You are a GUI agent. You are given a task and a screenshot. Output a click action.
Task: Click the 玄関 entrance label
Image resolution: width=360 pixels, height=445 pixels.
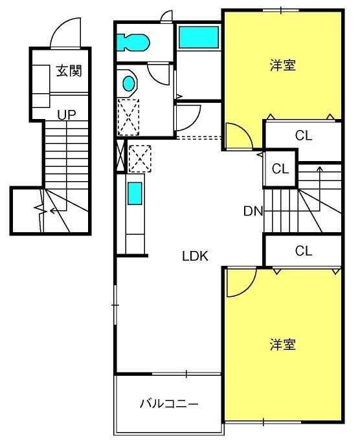click(69, 71)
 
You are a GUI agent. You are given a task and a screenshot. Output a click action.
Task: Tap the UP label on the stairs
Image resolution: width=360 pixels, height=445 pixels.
click(67, 115)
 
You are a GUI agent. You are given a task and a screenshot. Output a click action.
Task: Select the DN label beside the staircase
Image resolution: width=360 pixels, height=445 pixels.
click(253, 211)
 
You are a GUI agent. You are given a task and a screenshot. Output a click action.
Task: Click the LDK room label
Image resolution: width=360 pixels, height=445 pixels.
click(195, 256)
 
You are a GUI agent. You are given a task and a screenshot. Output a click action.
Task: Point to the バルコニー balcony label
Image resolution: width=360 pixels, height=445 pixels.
click(169, 404)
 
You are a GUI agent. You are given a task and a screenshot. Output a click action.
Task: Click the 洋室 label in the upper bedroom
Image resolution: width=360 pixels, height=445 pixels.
click(283, 65)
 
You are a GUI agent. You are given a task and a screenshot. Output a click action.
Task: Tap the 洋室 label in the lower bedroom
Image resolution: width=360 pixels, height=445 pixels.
click(283, 345)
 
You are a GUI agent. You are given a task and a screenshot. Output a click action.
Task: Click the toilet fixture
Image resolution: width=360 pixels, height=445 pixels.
click(133, 43)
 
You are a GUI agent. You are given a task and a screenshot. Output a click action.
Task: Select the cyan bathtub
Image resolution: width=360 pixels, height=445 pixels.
click(199, 37)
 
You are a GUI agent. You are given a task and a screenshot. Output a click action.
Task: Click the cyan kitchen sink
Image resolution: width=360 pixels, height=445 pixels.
click(135, 193)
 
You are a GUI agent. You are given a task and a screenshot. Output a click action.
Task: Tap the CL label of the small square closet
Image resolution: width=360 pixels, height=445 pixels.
click(280, 169)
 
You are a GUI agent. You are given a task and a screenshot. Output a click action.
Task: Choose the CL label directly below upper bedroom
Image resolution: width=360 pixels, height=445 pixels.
click(304, 135)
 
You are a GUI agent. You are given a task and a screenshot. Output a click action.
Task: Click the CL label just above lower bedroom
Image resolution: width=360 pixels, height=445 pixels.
click(304, 250)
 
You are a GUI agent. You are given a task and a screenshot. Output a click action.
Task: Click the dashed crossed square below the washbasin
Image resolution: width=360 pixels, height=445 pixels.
click(128, 117)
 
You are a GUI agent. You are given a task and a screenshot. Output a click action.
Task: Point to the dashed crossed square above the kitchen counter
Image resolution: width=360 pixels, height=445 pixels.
click(140, 158)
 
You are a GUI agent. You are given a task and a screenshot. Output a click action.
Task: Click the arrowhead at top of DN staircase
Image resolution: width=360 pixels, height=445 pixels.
click(320, 169)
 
